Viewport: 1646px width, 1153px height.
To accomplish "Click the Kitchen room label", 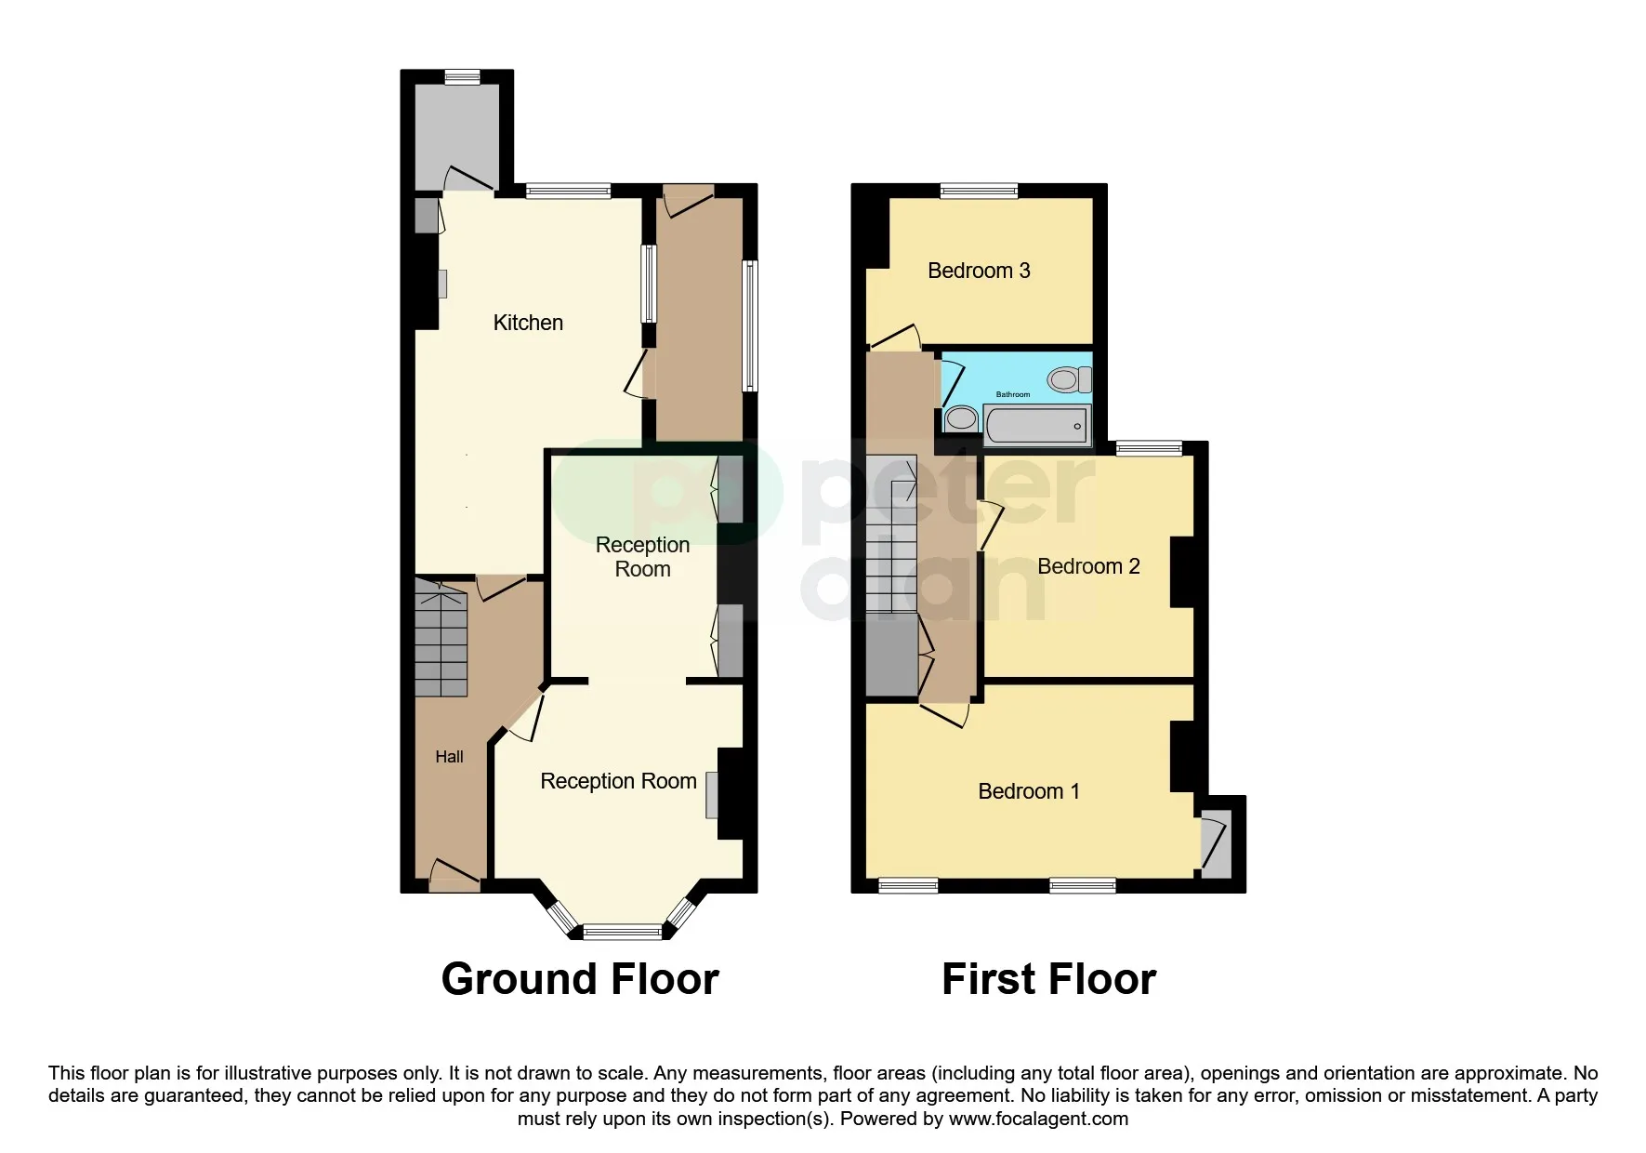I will click(x=528, y=323).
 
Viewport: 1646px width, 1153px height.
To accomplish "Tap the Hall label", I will click(x=449, y=757).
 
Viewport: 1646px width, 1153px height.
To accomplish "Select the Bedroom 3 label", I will click(x=979, y=271).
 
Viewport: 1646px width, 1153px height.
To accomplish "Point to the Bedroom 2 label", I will click(x=1088, y=566).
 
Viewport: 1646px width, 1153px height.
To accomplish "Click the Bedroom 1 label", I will click(x=1029, y=791).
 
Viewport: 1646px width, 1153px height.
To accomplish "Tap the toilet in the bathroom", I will click(x=1069, y=379).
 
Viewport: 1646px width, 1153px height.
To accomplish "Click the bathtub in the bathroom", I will click(x=1035, y=425).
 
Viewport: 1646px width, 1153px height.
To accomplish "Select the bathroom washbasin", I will click(x=961, y=418).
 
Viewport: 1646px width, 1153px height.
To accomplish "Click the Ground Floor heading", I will click(x=580, y=979).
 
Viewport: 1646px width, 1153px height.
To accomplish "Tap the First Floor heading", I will click(x=1048, y=979).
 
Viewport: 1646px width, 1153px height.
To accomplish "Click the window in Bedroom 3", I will click(x=979, y=192).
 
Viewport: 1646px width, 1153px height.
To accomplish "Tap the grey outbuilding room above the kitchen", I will click(x=456, y=135).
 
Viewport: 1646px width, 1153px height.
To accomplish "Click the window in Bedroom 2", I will click(x=1149, y=449).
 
